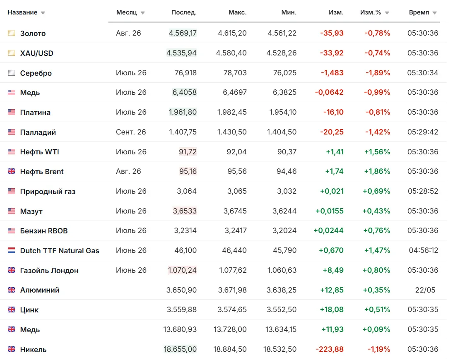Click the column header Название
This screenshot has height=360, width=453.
(x=22, y=12)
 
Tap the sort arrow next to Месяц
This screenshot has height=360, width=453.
(x=143, y=13)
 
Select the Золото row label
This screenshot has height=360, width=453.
(x=33, y=34)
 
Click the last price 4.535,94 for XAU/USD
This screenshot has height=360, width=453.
(x=181, y=53)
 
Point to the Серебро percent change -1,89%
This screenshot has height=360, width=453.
(x=378, y=73)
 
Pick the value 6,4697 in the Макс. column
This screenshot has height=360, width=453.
(x=235, y=92)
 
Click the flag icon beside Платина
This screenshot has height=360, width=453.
(x=11, y=112)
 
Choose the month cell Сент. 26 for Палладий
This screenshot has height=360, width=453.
(x=131, y=132)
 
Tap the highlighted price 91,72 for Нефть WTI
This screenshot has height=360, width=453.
(x=188, y=152)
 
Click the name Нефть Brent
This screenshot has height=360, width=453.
(x=42, y=172)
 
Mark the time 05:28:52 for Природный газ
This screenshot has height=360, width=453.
(x=423, y=191)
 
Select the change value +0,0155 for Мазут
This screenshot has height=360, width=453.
(x=330, y=211)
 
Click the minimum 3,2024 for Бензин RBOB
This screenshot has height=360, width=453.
(x=284, y=230)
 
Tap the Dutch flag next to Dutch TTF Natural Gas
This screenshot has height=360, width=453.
(x=11, y=250)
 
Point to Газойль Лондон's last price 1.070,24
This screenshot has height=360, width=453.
(x=182, y=270)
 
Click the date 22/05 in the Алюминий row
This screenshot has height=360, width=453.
(x=425, y=290)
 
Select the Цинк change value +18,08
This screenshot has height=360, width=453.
(x=332, y=310)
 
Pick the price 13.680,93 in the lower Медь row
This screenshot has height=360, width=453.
(x=180, y=329)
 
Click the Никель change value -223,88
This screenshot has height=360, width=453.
(x=330, y=349)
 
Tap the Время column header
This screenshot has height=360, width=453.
(x=419, y=12)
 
